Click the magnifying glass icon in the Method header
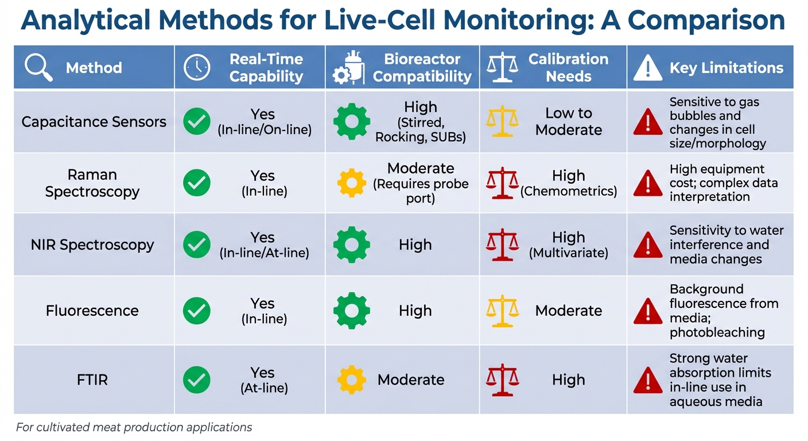pos(38,67)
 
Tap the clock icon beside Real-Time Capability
pos(197,67)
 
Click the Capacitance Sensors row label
pos(94,122)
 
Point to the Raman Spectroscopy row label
pos(92,183)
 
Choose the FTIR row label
pos(92,380)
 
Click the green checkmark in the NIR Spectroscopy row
pos(197,245)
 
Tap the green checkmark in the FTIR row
pos(197,380)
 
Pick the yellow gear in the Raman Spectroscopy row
pos(351,183)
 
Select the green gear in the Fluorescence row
pos(351,311)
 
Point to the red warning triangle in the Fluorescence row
pos(648,311)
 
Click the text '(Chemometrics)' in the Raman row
pos(569,191)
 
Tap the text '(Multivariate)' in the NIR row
pos(569,253)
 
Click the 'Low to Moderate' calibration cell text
pos(569,122)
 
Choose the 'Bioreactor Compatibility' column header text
pos(422,68)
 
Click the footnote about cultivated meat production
pos(134,427)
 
